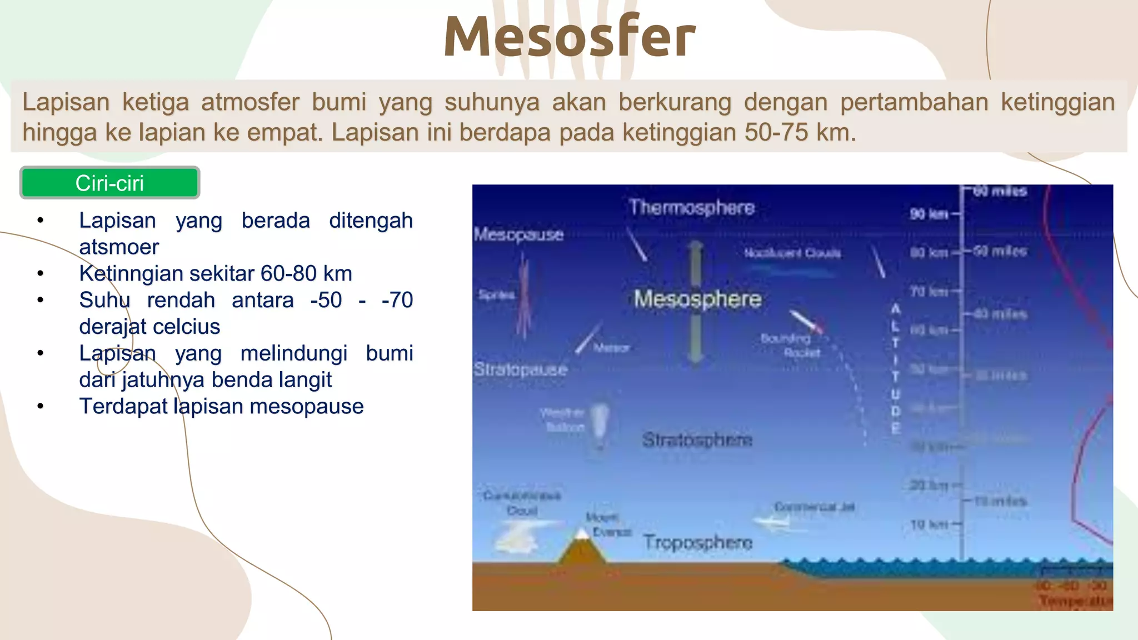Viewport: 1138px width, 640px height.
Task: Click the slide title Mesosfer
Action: (x=569, y=37)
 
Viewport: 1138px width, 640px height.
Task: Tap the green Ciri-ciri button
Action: (x=109, y=183)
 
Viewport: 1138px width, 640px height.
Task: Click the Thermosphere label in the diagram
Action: (x=691, y=207)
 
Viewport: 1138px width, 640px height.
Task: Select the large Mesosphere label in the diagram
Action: (x=697, y=299)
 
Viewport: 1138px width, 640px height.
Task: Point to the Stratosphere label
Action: (x=697, y=439)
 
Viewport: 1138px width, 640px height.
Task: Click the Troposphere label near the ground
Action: (x=698, y=542)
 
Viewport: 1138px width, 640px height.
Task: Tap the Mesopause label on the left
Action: (x=518, y=234)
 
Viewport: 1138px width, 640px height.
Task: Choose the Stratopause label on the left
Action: (x=520, y=369)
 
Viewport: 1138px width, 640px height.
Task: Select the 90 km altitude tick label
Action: (x=929, y=214)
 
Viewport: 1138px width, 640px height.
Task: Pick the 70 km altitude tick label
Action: (x=929, y=291)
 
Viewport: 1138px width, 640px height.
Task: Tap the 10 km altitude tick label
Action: (x=929, y=524)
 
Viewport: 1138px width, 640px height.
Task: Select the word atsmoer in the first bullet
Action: (x=119, y=247)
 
